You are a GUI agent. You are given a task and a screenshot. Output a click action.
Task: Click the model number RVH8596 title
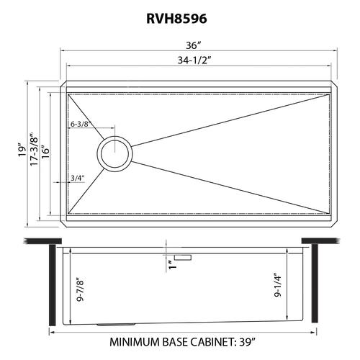point(176,19)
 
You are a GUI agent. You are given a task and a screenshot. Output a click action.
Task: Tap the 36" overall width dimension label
point(193,45)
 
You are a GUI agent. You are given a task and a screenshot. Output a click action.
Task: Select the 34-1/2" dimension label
point(194,60)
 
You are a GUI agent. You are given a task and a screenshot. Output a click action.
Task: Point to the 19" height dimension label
point(22,150)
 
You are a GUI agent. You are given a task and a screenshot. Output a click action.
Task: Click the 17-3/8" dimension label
point(34,148)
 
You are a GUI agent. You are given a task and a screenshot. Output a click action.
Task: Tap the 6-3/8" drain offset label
point(80,124)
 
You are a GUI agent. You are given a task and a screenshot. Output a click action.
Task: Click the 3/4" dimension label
point(78,178)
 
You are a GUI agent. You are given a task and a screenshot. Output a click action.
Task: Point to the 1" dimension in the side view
point(172,264)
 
